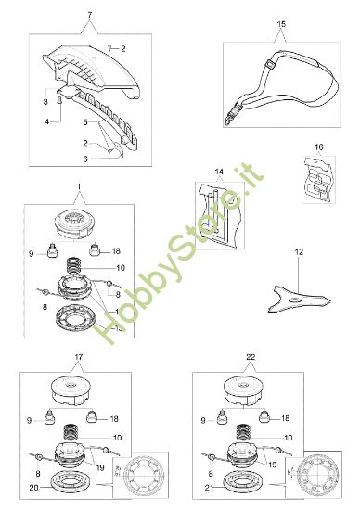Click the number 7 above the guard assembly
pos(90,15)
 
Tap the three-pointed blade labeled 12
pos(298,300)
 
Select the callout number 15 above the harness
pos(281,24)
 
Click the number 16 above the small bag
pos(319,147)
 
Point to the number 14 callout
pos(219,172)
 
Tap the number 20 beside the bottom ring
pos(33,488)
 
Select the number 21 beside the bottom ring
pos(209,488)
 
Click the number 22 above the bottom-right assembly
pos(251,357)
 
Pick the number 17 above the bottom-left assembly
pos(79,357)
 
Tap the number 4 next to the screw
pos(47,121)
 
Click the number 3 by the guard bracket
pos(45,102)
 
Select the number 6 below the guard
pos(85,159)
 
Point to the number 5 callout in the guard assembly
pos(85,122)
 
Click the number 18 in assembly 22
pos(285,418)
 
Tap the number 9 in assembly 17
pos(30,421)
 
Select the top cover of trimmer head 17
pos(71,391)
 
